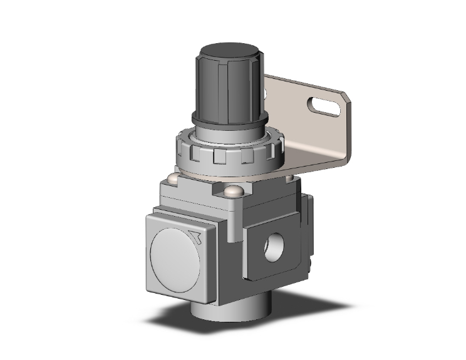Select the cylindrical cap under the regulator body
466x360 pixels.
[x=225, y=313]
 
